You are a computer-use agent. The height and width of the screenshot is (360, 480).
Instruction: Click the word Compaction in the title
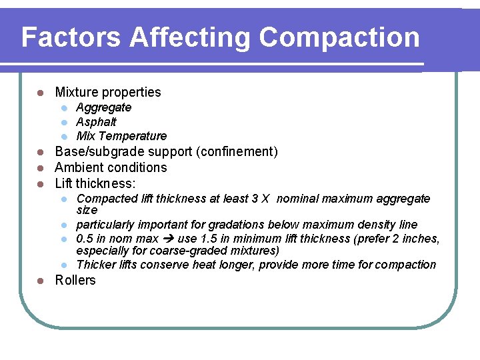click(x=339, y=37)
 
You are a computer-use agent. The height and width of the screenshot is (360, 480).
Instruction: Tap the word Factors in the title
click(x=72, y=37)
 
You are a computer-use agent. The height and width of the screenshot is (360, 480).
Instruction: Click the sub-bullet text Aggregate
click(x=103, y=107)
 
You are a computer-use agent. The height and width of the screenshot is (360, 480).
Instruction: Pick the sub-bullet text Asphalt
click(x=96, y=122)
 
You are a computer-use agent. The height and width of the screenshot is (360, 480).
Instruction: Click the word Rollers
click(x=75, y=280)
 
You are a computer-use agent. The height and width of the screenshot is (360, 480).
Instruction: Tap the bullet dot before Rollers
click(x=40, y=281)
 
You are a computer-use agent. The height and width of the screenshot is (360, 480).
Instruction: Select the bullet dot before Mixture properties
click(x=40, y=93)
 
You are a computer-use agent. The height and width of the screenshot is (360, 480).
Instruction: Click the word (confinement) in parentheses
click(x=237, y=152)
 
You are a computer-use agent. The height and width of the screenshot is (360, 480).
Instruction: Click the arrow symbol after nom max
click(x=169, y=239)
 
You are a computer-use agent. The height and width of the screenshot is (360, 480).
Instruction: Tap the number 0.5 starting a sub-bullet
click(x=85, y=239)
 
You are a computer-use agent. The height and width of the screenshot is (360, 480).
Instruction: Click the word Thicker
click(x=96, y=265)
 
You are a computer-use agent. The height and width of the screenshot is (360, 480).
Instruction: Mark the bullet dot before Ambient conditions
click(x=40, y=168)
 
